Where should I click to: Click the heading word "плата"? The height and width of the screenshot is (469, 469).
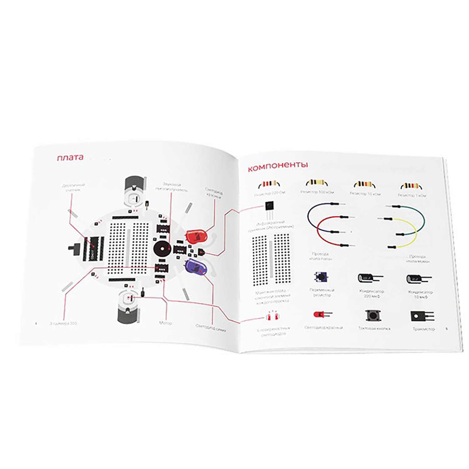pos(70,157)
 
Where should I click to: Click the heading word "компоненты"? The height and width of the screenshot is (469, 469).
pos(278,166)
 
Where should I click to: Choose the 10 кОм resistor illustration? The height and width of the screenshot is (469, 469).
pos(364,184)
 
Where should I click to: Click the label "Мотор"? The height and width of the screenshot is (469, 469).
pos(165,323)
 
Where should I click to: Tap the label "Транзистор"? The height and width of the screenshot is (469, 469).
pos(423,329)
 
